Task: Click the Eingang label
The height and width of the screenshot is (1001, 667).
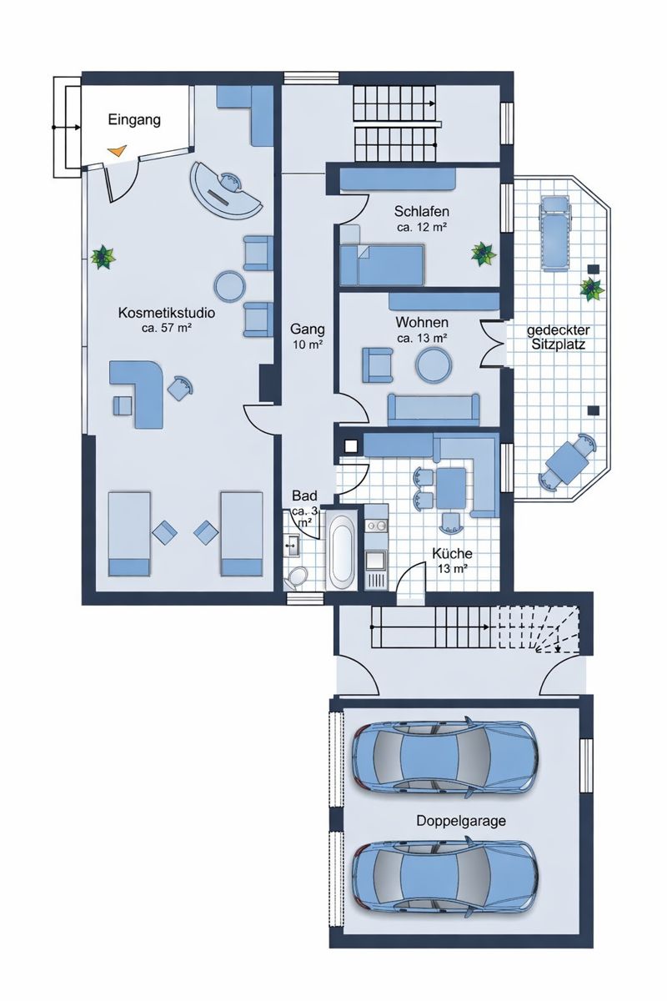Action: pos(133,121)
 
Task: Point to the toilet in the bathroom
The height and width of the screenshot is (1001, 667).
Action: pos(297,576)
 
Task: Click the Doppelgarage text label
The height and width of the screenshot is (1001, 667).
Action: pos(461,821)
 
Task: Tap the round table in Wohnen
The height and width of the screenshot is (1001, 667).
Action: pos(434,364)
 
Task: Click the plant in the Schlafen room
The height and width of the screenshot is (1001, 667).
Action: pos(483,253)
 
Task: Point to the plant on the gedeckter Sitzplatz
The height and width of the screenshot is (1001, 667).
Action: pos(592,289)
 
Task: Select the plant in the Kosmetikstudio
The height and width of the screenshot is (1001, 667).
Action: pos(103,257)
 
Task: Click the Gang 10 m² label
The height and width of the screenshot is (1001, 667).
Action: pos(308,335)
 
